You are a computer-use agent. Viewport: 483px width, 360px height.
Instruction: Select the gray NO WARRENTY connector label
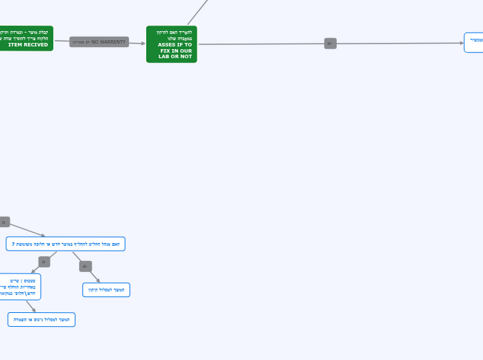tap(98, 42)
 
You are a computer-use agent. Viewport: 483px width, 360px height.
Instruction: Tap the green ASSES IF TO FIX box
tap(172, 44)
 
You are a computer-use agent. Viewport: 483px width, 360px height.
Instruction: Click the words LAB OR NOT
tap(175, 57)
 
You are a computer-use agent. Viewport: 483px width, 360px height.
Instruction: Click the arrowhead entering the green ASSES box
tap(143, 43)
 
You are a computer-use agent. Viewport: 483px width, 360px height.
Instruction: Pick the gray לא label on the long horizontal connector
tap(331, 44)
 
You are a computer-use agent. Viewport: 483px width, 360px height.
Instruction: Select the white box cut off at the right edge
tap(474, 42)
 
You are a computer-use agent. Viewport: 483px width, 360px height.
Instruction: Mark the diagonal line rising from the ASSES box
tap(197, 12)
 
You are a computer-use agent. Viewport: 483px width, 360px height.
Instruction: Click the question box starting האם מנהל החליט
tap(66, 244)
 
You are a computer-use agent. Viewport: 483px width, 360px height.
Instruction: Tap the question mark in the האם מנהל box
tap(13, 244)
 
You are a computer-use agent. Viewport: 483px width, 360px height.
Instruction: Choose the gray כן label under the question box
tap(44, 262)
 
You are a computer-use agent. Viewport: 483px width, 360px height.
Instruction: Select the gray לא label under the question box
tap(85, 267)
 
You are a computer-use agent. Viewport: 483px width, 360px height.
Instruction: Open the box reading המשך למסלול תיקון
tap(106, 290)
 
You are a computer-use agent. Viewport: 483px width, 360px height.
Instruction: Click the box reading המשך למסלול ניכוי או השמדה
tap(42, 319)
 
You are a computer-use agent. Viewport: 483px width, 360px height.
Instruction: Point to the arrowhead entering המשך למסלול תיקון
tap(98, 280)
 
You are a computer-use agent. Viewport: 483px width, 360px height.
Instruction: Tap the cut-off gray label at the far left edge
tap(4, 222)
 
